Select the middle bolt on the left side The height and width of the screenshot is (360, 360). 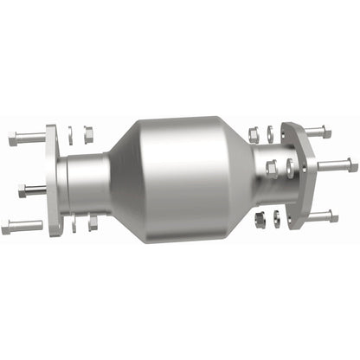point(31,189)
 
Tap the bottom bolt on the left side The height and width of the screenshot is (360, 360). point(21,226)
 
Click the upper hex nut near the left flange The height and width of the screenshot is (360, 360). point(87,133)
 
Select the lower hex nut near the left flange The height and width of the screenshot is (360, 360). point(90,224)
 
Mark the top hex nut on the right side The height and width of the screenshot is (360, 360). point(254,134)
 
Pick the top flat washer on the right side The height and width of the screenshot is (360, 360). point(269,132)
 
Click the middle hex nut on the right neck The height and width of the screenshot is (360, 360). point(271,168)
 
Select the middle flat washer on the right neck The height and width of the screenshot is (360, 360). point(286,165)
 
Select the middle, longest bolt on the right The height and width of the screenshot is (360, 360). point(332,164)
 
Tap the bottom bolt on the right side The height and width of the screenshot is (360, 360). point(319,215)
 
